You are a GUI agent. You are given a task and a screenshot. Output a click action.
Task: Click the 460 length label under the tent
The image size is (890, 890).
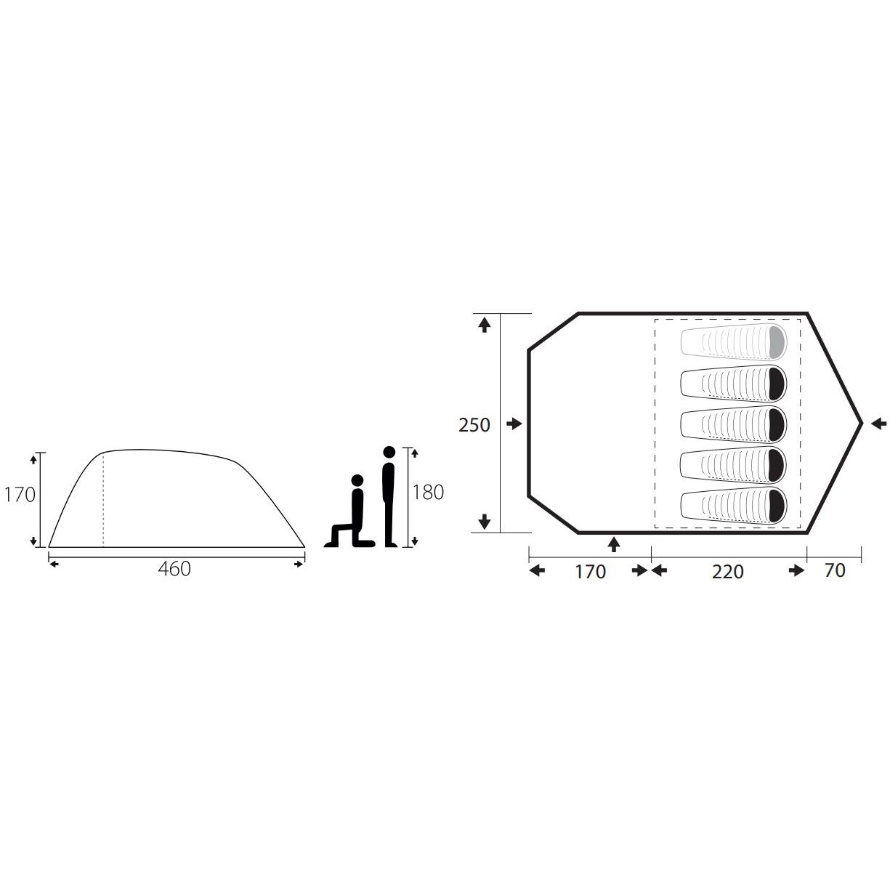(x=174, y=569)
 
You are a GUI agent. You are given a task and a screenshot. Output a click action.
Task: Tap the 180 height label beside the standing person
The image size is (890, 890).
(x=428, y=493)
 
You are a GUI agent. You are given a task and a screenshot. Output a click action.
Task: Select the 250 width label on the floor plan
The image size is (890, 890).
(x=474, y=425)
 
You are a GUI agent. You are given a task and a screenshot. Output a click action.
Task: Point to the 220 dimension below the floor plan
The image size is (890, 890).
(x=727, y=572)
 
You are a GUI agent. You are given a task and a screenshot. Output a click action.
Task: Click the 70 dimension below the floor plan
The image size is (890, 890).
(x=835, y=570)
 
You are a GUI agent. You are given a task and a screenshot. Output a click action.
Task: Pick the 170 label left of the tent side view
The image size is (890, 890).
(x=20, y=495)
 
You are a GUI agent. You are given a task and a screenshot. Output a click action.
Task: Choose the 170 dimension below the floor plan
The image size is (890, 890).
(x=590, y=572)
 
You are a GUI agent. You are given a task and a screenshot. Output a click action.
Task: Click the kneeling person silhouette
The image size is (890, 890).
(x=350, y=511)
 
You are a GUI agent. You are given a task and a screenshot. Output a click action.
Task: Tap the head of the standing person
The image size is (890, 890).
(x=389, y=452)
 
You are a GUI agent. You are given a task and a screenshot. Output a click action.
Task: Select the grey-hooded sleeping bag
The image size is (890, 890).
(x=733, y=342)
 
